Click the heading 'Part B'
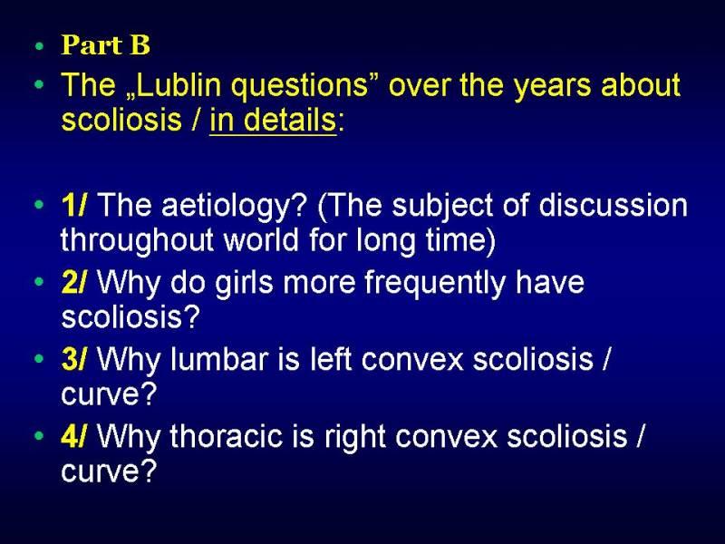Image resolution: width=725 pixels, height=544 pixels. coord(105,44)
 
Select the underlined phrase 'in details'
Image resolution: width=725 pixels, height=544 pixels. coord(273,120)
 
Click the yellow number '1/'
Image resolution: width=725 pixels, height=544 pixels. coord(73,205)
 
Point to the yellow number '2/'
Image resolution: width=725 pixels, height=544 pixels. coord(73,282)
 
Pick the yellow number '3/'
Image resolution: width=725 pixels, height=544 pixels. coord(73,359)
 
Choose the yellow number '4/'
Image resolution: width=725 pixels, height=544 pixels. coord(73,436)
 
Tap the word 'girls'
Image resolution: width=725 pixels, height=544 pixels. coord(245,283)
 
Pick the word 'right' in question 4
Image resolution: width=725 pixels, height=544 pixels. coord(355,438)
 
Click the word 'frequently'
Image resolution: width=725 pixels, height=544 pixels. coord(435,284)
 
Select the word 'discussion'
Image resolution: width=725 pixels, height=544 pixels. coord(614,205)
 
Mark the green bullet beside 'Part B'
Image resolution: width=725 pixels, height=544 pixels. coord(40,46)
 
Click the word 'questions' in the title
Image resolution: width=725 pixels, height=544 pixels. coord(299,87)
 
